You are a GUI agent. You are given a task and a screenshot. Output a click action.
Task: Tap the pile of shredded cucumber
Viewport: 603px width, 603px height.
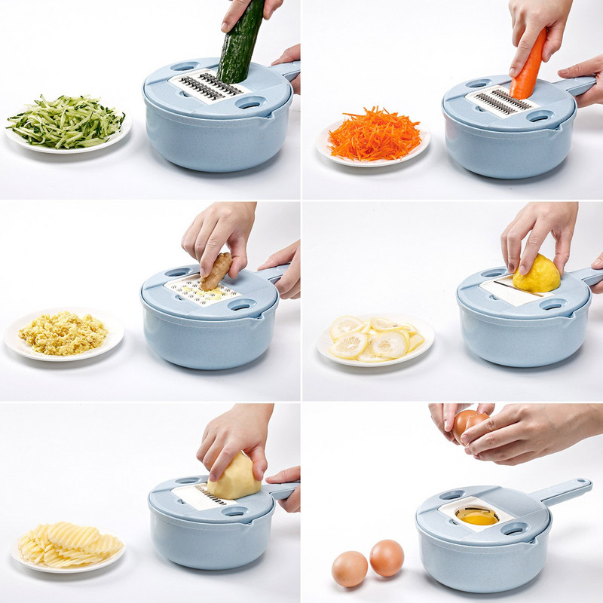tap(66, 121)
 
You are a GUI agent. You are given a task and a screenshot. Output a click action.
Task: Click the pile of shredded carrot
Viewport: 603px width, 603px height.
tap(374, 133)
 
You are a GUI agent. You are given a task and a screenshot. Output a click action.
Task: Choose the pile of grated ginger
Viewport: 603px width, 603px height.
tap(63, 332)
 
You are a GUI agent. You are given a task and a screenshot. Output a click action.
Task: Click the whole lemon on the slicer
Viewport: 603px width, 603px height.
tap(537, 275)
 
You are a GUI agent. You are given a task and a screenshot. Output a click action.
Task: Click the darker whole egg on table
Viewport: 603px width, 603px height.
tap(387, 558)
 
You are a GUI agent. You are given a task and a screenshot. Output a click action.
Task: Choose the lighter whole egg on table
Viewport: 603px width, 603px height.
tap(350, 568)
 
